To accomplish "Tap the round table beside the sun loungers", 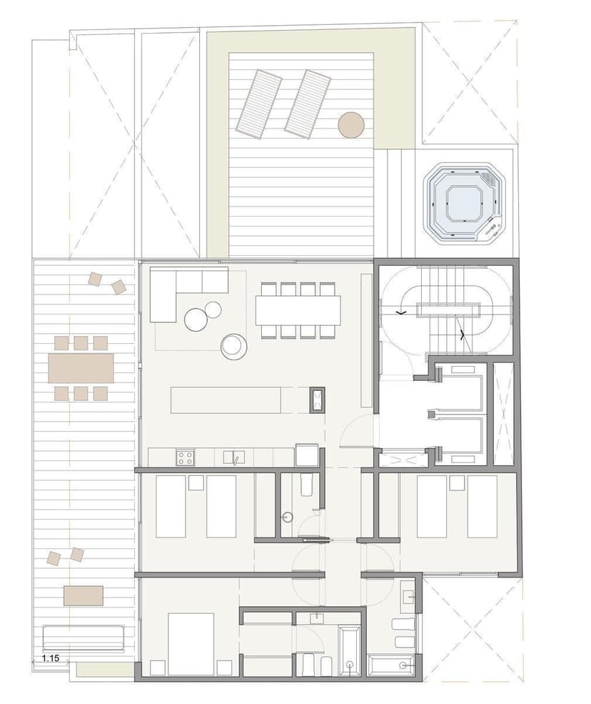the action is [x=350, y=124].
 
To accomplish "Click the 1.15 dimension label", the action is [x=51, y=658].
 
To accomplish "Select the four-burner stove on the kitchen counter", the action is [x=185, y=457].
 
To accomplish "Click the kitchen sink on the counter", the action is [x=234, y=457].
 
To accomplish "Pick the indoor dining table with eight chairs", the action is [x=298, y=309].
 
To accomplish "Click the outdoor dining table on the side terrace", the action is [x=81, y=368].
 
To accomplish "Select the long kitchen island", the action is [x=226, y=400].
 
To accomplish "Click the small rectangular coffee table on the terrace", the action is [x=84, y=595].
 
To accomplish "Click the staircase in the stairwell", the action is [x=447, y=309].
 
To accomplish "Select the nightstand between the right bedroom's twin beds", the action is [x=457, y=482].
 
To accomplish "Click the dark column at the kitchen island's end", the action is [x=317, y=400].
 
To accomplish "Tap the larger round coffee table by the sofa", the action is [x=196, y=319].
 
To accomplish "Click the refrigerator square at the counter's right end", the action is [x=307, y=455].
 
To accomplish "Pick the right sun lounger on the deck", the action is [x=308, y=103].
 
